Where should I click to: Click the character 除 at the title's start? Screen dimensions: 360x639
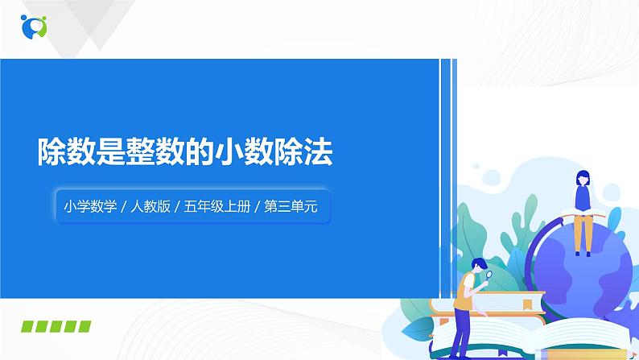click(55, 151)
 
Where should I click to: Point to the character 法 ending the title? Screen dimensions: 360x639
click(316, 151)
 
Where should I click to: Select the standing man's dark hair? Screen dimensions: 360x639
click(477, 263)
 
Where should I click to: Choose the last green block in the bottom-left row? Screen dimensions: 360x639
click(84, 326)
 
